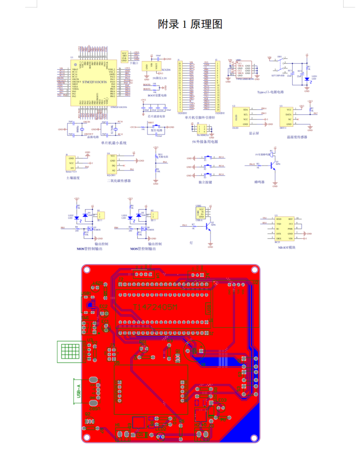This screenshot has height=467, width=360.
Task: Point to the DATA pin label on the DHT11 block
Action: click(288, 114)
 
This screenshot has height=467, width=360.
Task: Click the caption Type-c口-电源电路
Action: click(270, 92)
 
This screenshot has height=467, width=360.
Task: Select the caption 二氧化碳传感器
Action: click(118, 181)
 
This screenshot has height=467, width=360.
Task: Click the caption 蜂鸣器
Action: click(259, 182)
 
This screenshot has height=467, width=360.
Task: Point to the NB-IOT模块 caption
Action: click(287, 247)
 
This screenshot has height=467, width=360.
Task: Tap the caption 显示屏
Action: click(254, 134)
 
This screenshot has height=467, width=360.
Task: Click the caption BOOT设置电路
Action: click(157, 96)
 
